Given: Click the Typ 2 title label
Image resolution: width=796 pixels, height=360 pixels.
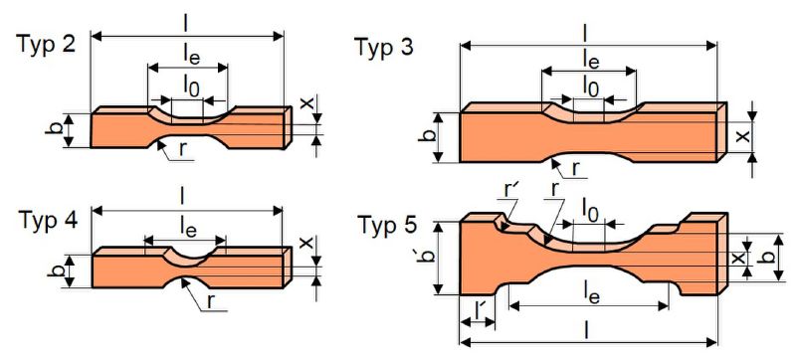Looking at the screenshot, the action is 48,44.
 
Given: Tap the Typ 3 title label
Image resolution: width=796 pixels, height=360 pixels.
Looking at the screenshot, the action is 384,47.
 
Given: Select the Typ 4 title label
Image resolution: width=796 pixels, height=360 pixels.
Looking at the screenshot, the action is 49,221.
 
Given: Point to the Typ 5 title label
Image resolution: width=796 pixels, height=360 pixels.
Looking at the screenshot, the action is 387,226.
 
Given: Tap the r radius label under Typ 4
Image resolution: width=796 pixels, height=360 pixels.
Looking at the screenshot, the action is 211,301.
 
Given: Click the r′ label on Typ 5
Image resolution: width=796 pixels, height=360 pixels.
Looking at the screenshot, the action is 509,193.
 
